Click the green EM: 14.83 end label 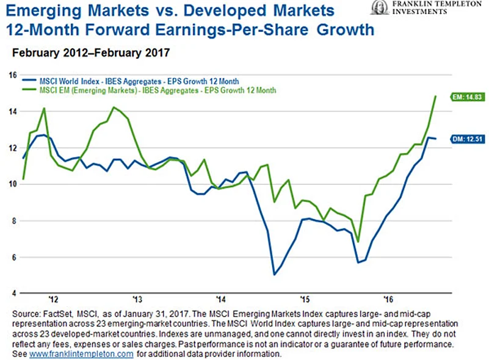(x=465, y=96)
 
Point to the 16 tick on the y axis (x=12, y=75)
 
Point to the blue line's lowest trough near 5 (x=274, y=275)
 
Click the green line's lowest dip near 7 (x=358, y=242)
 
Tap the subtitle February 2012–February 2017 (x=90, y=53)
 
